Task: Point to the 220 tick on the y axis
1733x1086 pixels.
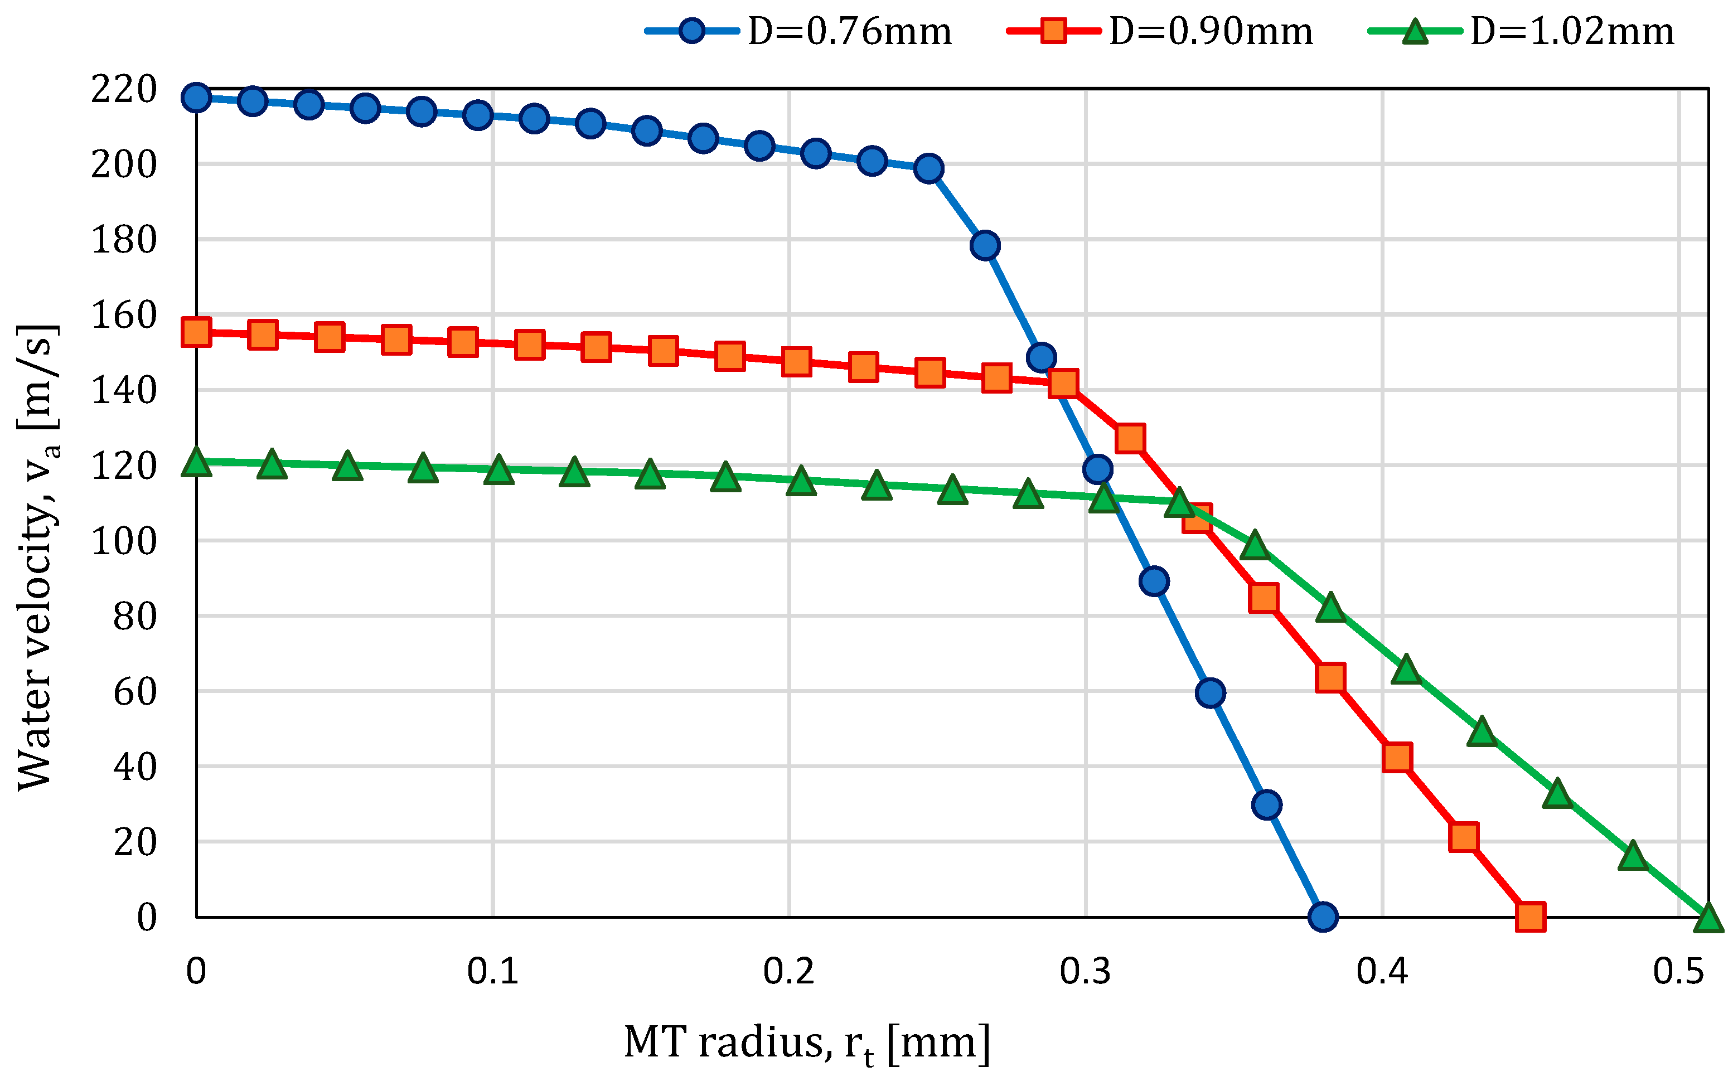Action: tap(124, 90)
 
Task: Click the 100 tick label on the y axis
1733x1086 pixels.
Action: tap(124, 541)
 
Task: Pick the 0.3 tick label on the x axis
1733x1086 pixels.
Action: tap(1085, 972)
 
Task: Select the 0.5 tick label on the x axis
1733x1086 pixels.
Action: tap(1678, 972)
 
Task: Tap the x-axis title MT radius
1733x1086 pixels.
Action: tap(806, 1044)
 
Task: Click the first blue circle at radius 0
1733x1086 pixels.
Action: tap(196, 97)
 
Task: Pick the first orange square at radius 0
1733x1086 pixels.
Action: tap(196, 332)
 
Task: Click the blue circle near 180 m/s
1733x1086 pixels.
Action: tap(985, 245)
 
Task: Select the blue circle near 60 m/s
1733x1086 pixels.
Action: tap(1210, 692)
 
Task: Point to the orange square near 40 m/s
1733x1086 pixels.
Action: tap(1397, 757)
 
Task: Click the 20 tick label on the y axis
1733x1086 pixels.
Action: tap(134, 842)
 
